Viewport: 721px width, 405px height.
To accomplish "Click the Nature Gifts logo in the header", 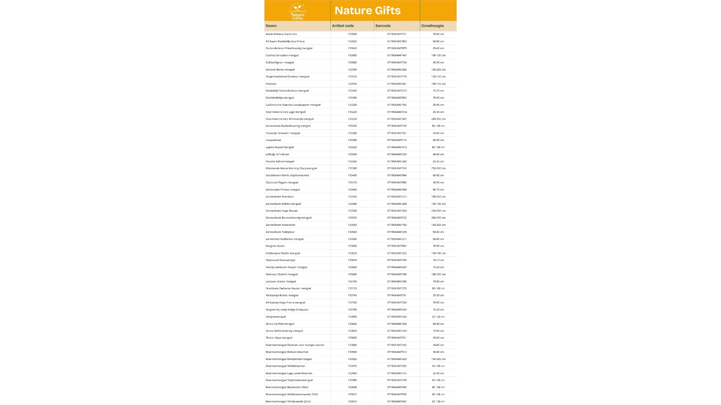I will click(x=297, y=11).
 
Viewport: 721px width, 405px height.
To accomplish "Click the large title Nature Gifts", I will click(x=367, y=10).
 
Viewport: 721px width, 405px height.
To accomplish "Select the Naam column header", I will click(x=271, y=26).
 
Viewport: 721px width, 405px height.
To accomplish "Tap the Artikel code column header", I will click(x=343, y=26).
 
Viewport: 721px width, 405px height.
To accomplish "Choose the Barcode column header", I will click(x=383, y=26).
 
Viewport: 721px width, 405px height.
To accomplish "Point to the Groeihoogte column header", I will click(x=433, y=26).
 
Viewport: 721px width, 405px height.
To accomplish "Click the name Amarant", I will click(x=271, y=84).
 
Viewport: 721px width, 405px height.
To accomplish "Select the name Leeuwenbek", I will click(x=273, y=140).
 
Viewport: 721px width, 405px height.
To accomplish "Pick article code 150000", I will click(x=352, y=34).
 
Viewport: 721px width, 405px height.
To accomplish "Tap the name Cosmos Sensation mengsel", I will click(x=282, y=55).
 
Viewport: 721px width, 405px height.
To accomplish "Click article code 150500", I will click(x=352, y=211).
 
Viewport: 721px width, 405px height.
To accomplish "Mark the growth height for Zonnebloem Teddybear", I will click(x=438, y=232).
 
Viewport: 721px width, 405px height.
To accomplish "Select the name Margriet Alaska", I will click(x=275, y=246).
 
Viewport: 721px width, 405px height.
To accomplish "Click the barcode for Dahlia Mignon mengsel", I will click(x=397, y=63).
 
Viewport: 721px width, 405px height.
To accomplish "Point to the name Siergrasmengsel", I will click(x=276, y=317).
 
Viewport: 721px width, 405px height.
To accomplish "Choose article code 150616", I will click(x=352, y=402).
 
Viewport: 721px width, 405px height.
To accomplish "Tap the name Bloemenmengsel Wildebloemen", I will click(x=285, y=366).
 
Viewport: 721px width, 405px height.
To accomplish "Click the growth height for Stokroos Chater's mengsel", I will click(x=438, y=274).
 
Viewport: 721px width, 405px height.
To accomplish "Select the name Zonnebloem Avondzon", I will click(x=280, y=196).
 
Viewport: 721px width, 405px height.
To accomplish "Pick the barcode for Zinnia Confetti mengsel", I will click(x=397, y=324).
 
